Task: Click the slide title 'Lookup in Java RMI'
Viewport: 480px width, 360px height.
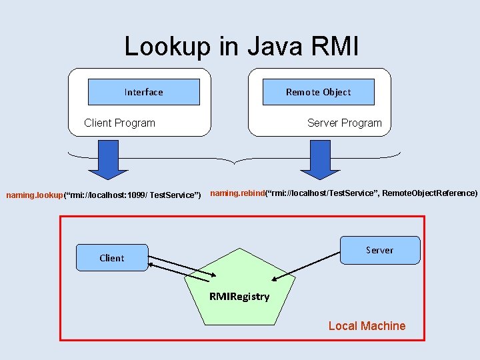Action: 241,46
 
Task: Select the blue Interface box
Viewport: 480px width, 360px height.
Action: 144,92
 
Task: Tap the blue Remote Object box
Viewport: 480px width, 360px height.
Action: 318,92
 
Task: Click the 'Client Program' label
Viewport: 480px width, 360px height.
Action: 119,123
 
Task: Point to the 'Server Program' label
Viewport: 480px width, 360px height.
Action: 344,123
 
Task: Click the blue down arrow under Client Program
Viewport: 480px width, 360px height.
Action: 99,159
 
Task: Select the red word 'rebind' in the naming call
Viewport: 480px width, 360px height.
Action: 250,193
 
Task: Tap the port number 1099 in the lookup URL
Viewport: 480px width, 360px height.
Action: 135,195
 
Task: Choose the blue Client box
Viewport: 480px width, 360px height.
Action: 111,258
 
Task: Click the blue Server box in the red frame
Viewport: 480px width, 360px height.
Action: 380,250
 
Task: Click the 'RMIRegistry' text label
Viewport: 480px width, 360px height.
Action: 239,297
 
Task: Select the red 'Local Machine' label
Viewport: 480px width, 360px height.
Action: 367,326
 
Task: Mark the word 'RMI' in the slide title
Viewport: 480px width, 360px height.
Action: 335,46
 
